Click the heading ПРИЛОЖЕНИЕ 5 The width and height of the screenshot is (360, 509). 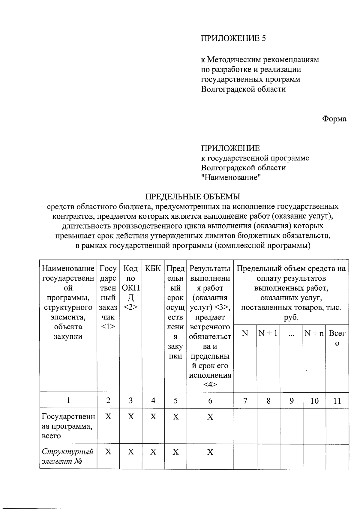click(x=233, y=38)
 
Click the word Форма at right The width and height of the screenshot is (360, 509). click(x=334, y=119)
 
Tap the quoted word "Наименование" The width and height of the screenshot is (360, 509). click(x=231, y=177)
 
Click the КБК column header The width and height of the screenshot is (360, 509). click(x=153, y=268)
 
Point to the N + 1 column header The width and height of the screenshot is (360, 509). click(x=268, y=333)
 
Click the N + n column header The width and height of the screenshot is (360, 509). click(x=314, y=333)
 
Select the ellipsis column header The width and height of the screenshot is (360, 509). click(x=291, y=334)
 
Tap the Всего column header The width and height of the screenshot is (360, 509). click(x=337, y=338)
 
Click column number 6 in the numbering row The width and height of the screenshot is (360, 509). click(x=210, y=400)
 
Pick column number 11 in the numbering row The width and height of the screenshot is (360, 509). click(x=337, y=401)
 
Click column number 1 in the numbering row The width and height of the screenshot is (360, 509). click(x=68, y=400)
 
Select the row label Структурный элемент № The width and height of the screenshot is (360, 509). click(x=67, y=456)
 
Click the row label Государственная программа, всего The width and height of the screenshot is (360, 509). click(x=68, y=426)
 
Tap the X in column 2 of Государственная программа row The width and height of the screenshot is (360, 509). click(x=108, y=417)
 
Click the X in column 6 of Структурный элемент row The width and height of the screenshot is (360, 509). click(x=210, y=452)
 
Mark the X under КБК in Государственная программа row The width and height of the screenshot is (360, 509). click(x=153, y=417)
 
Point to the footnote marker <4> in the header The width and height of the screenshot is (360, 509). click(x=210, y=385)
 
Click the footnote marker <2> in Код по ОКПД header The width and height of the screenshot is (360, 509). click(x=130, y=307)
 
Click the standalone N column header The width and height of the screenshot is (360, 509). click(x=245, y=333)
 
